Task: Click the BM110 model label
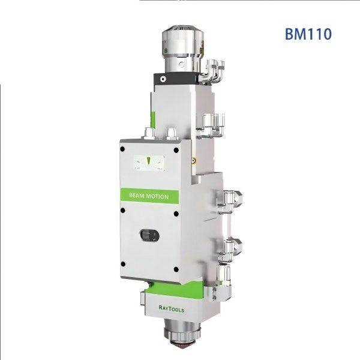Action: point(308,32)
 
